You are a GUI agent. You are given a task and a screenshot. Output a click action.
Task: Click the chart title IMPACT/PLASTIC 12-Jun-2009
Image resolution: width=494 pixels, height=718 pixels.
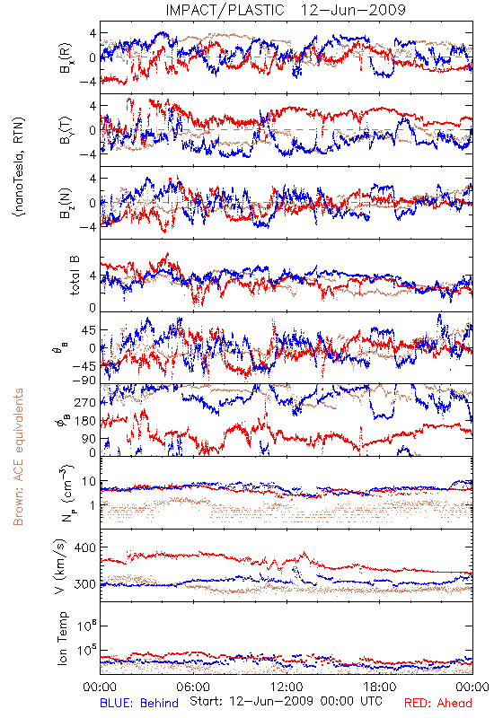click(x=286, y=10)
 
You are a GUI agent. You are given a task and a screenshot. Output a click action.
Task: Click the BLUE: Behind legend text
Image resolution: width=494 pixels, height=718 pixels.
click(x=139, y=703)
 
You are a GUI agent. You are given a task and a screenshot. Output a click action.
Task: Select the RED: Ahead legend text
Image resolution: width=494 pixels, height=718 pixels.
click(x=437, y=703)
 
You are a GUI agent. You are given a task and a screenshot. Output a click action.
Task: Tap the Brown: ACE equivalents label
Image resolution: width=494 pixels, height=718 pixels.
click(x=18, y=457)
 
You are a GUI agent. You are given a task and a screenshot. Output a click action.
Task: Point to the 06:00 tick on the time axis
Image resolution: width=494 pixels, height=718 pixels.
click(x=193, y=687)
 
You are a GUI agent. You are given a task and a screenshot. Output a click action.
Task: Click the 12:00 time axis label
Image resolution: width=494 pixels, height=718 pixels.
click(x=287, y=687)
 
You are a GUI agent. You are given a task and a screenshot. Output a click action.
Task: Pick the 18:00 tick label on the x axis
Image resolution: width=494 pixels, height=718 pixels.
click(x=380, y=687)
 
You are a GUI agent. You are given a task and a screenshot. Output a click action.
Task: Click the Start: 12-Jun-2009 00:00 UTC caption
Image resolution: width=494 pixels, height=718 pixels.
click(x=286, y=701)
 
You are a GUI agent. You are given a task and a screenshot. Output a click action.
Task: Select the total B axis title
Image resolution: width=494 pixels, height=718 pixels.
click(x=75, y=276)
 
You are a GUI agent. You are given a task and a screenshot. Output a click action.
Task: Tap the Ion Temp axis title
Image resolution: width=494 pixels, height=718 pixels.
click(x=62, y=638)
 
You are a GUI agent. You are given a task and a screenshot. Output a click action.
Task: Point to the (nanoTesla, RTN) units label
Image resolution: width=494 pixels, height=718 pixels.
click(x=19, y=167)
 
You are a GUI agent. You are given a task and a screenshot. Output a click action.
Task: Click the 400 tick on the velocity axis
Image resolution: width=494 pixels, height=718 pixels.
click(x=84, y=547)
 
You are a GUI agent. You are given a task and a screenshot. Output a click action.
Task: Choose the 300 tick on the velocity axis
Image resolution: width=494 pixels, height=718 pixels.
click(x=84, y=584)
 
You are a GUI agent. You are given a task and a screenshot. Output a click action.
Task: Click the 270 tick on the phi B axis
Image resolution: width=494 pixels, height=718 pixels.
click(x=85, y=402)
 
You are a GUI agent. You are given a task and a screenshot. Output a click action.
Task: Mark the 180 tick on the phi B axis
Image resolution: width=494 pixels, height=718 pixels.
click(x=85, y=421)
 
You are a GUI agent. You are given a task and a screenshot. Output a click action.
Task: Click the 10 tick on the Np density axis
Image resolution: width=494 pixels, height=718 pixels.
click(x=89, y=481)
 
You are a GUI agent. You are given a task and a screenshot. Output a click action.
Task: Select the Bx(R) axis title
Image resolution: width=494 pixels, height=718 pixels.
click(x=65, y=57)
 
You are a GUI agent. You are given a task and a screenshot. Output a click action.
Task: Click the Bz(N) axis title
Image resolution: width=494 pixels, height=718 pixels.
click(x=65, y=203)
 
